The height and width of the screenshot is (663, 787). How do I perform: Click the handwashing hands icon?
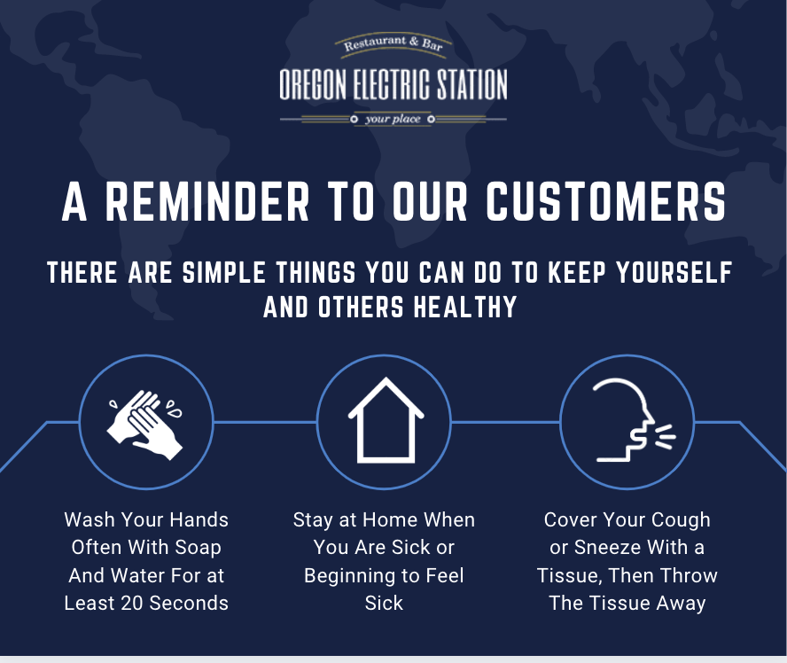[145, 424]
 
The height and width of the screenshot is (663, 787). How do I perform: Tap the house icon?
[386, 421]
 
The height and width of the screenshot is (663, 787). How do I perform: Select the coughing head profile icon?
[634, 420]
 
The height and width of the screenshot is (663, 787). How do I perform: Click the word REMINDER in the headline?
[206, 201]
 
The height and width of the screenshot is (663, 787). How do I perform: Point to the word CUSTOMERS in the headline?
[606, 201]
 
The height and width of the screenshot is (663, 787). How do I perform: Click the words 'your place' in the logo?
[393, 119]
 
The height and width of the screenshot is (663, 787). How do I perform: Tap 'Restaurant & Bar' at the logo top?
[393, 43]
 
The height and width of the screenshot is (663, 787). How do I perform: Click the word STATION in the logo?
[471, 84]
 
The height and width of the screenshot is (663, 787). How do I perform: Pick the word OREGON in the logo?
[313, 84]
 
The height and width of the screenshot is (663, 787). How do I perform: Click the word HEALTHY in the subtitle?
[465, 308]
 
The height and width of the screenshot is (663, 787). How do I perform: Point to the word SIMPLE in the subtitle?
[223, 272]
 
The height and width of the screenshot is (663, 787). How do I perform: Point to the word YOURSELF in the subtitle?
[674, 272]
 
